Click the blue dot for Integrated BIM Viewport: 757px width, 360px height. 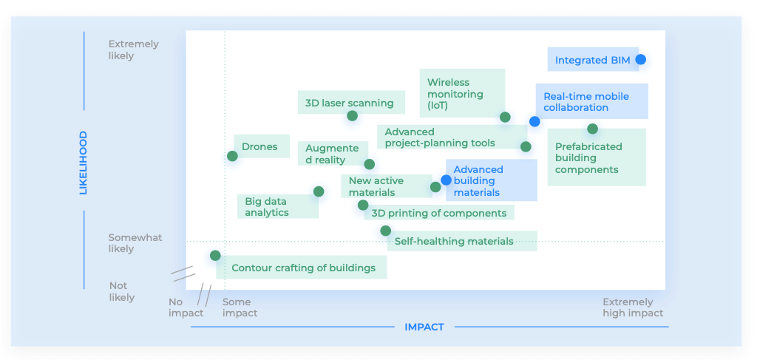tap(640, 59)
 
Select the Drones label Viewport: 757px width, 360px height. tap(259, 146)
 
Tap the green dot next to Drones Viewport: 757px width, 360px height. tap(232, 156)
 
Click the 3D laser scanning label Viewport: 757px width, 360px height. tap(350, 103)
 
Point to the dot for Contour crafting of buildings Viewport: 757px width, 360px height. tap(215, 255)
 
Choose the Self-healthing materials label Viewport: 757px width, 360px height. tap(454, 241)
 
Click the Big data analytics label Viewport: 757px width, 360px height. tap(267, 206)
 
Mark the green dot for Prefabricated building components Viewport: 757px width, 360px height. tap(592, 129)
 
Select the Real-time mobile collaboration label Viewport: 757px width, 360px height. tap(586, 102)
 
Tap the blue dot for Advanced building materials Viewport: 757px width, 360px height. tap(446, 180)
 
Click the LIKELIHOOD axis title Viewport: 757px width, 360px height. tap(83, 163)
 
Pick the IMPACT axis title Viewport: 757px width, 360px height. tap(424, 327)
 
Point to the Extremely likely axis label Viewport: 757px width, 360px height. tap(133, 50)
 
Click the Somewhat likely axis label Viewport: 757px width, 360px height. tap(135, 243)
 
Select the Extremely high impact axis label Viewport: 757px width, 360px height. tap(633, 308)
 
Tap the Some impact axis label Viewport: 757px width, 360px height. tap(240, 308)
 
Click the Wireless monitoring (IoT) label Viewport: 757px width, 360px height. tap(455, 94)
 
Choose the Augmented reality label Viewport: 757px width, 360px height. tap(332, 154)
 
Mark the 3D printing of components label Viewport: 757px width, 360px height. tap(438, 213)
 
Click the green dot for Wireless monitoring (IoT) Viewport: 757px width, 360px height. tap(505, 117)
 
